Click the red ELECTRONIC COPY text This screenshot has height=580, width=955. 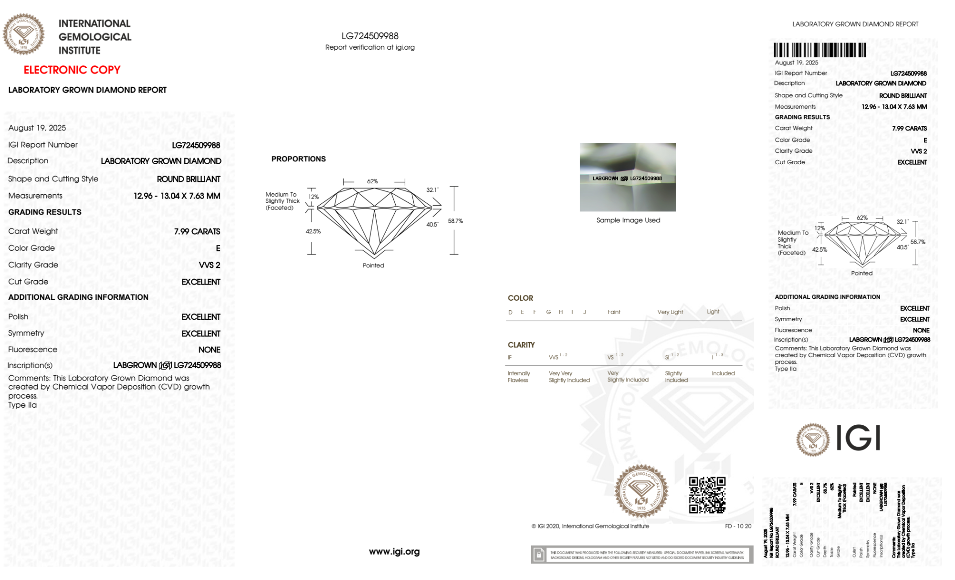tap(72, 70)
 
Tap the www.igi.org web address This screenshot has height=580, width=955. tap(394, 551)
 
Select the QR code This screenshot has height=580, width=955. tap(707, 495)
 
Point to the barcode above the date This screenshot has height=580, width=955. tap(819, 50)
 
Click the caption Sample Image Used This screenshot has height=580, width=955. tap(628, 220)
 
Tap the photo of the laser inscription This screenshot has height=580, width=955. tap(628, 177)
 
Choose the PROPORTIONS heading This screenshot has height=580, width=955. tap(298, 159)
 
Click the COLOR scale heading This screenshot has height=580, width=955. tap(520, 298)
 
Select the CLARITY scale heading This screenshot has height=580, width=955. tap(521, 345)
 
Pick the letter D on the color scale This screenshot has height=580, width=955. tap(510, 312)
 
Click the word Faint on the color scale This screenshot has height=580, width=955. tap(614, 312)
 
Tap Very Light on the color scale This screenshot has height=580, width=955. tap(670, 312)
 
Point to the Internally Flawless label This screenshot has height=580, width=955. tap(518, 377)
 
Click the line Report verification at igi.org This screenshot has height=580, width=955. tap(370, 47)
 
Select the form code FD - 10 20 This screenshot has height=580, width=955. tap(738, 526)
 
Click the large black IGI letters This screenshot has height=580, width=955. tap(858, 438)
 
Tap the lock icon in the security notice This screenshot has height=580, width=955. tap(539, 555)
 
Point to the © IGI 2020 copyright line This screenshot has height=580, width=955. tap(590, 526)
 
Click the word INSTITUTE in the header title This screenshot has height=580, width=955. tap(79, 51)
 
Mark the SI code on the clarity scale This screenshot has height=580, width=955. tap(667, 358)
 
